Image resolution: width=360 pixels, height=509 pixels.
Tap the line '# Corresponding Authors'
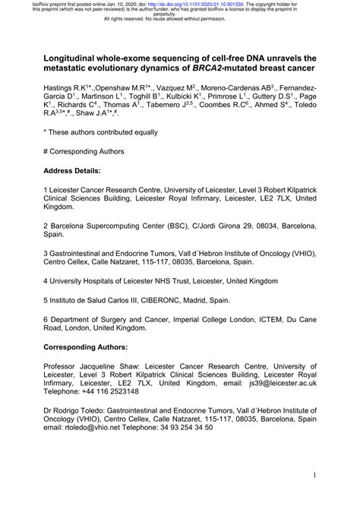tap(90, 151)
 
